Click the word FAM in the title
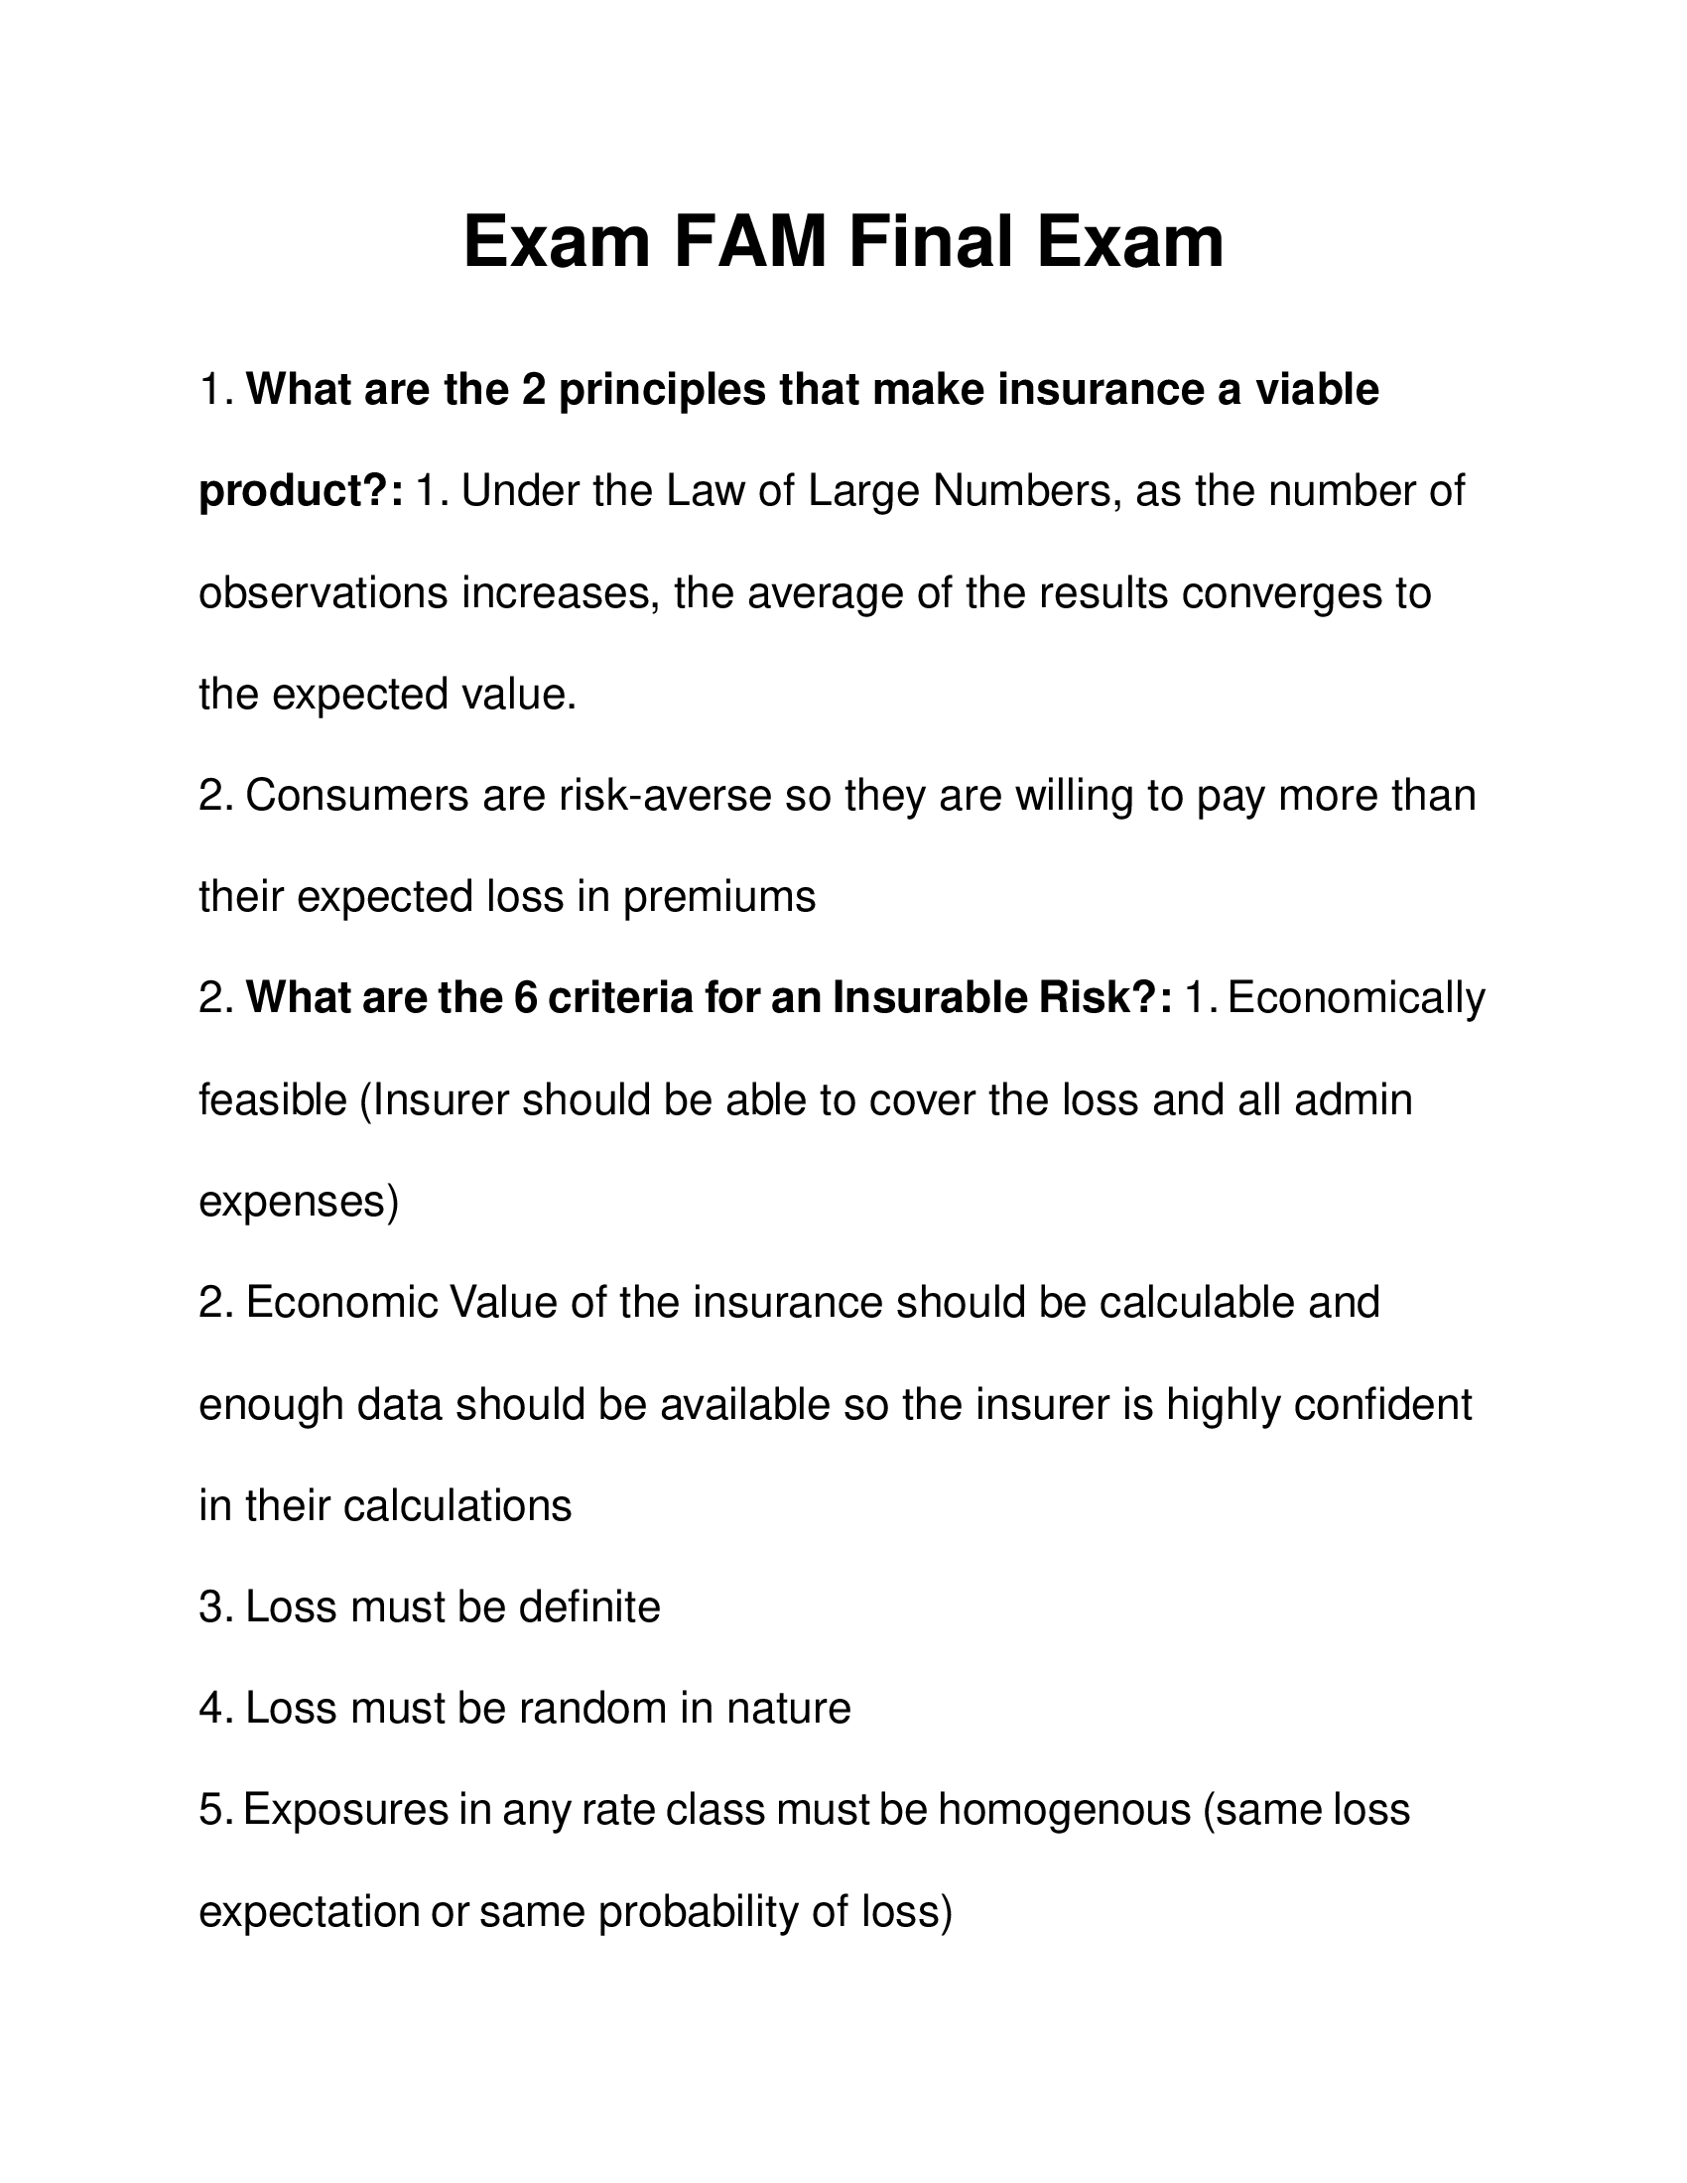point(749,243)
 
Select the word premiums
point(719,897)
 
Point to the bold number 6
point(526,997)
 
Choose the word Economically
point(1356,998)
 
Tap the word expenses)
point(299,1203)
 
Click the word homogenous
point(1064,1810)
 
